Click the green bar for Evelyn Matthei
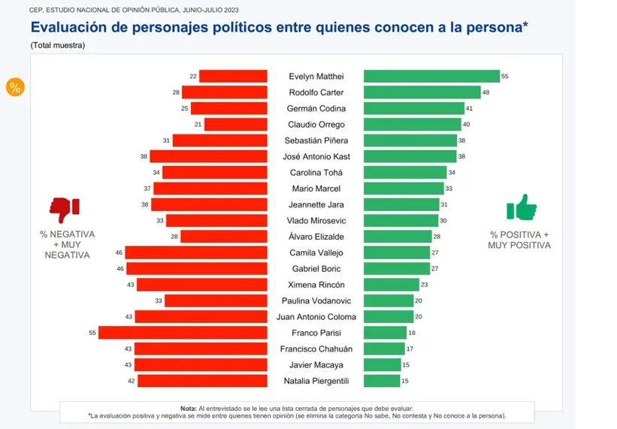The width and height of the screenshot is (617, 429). pos(431,76)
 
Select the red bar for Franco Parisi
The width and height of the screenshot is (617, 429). pos(183,333)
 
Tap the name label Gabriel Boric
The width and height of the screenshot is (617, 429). pos(316,269)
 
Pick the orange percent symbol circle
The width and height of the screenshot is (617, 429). pos(15,86)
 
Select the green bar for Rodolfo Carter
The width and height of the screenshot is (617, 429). pos(422,92)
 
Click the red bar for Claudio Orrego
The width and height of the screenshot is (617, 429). pos(235,124)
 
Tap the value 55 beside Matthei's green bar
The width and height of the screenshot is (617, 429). pos(505,77)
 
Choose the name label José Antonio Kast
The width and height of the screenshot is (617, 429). pos(316,156)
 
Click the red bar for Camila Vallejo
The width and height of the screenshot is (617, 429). pos(196,252)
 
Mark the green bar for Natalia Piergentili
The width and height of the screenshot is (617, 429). pos(382,381)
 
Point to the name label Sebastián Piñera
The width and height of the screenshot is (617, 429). pos(316,140)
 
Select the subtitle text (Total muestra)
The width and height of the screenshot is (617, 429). pos(58,46)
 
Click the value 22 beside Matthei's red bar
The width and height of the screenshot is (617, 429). pos(193,77)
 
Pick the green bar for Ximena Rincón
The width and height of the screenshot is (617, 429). pos(392,285)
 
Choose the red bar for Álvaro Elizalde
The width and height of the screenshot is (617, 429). pos(224,237)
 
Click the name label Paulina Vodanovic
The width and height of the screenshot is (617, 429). pos(316,301)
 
